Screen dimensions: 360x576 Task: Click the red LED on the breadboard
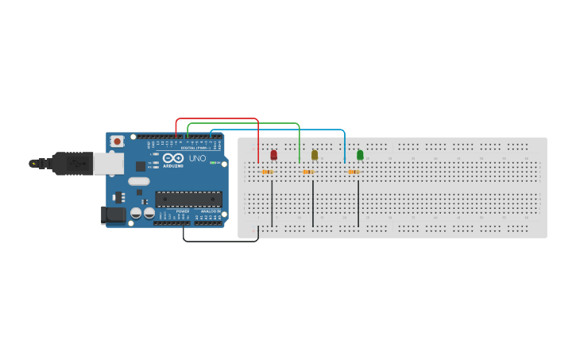point(274,155)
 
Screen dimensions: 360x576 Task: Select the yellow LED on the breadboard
point(315,155)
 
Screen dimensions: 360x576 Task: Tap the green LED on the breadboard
point(360,155)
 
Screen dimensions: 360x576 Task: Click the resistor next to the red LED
point(267,172)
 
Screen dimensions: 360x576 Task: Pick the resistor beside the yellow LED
point(308,172)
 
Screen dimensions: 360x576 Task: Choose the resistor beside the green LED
point(354,172)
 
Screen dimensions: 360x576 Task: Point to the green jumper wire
point(243,124)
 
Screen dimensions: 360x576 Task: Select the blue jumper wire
point(278,130)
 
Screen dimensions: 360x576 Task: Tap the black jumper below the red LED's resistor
point(272,203)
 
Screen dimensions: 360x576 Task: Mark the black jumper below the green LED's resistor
point(358,203)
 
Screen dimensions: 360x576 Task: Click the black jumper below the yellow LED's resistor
point(313,203)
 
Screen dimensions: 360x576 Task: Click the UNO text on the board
point(197,159)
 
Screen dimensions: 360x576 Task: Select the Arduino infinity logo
point(173,158)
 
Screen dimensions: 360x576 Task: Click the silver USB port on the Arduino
point(108,164)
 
